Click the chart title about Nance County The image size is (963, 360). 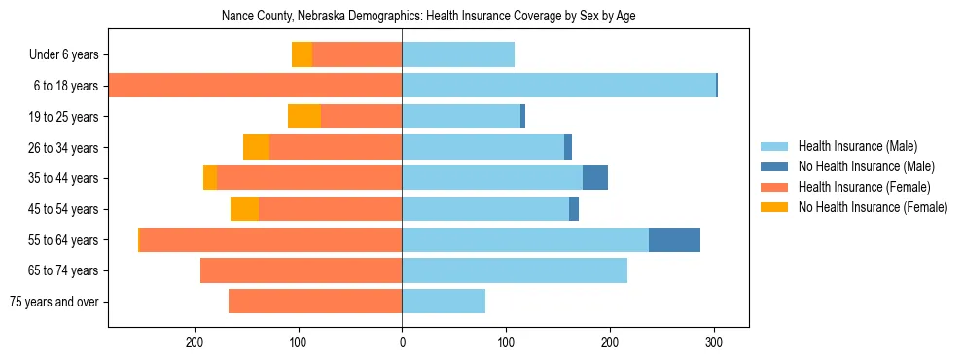point(428,17)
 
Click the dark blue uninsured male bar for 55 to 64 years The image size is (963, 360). point(674,240)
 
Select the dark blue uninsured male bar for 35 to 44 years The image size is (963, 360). point(595,178)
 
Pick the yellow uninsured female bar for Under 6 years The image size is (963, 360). point(302,54)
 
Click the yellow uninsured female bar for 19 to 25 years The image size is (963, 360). point(304,117)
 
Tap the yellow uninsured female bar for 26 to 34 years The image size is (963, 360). point(256,147)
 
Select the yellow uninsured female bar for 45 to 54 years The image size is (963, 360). point(244,209)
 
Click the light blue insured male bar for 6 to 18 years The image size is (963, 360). point(558,86)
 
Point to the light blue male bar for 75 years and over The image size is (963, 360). point(444,302)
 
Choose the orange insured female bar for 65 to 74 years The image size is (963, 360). point(301,270)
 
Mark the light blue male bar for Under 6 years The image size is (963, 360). point(458,54)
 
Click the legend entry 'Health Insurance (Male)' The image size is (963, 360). point(857,146)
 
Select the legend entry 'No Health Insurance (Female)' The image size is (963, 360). point(873,207)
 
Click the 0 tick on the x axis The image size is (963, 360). point(402,342)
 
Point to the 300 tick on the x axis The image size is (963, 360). point(714,342)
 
